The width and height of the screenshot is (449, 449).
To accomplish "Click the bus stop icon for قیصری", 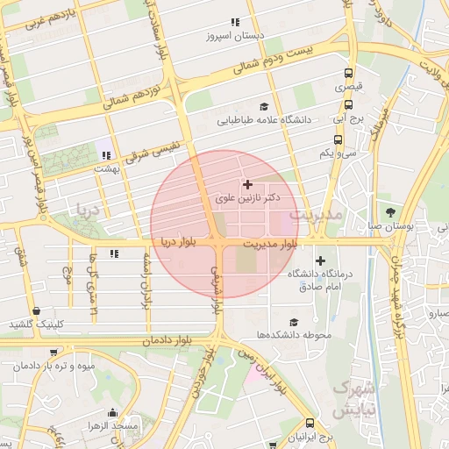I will (349, 74).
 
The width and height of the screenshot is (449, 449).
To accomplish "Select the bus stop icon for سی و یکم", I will (338, 139).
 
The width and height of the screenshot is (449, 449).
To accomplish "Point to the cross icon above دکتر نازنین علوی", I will (247, 184).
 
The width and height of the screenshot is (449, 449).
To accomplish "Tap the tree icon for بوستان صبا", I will (390, 212).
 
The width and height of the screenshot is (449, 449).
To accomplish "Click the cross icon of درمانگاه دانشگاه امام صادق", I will (320, 260).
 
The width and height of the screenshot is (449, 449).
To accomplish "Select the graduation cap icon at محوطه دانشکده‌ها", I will (293, 322).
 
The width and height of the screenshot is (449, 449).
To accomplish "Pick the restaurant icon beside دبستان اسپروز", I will (234, 23).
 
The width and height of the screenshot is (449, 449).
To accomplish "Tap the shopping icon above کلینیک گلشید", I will (36, 310).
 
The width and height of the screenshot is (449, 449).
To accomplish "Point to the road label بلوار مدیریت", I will (271, 242).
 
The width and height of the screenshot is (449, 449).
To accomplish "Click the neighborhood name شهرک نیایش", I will (353, 398).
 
